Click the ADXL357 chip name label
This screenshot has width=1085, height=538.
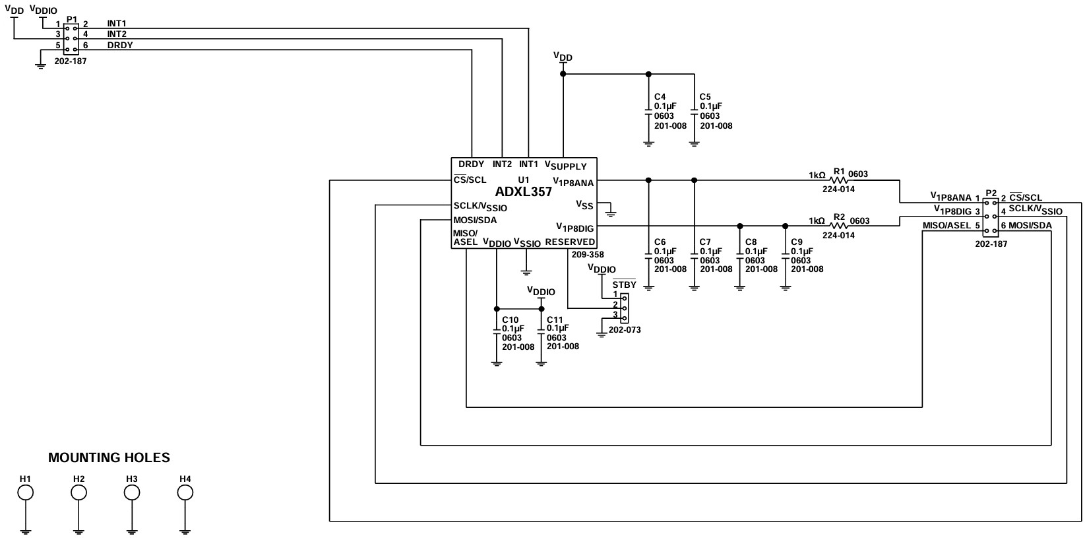[x=524, y=192]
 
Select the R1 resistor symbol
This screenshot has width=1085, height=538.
[x=838, y=180]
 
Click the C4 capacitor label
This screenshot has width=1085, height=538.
[x=660, y=97]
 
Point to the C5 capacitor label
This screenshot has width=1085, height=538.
[x=706, y=97]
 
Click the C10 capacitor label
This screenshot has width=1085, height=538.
[x=510, y=320]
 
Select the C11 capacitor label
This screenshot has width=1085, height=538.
[x=555, y=320]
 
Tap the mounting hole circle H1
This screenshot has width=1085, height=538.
[x=25, y=492]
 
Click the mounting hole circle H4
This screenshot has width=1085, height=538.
[x=185, y=492]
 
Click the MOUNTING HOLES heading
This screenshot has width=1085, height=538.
[x=109, y=457]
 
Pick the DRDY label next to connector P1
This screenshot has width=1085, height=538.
[x=120, y=45]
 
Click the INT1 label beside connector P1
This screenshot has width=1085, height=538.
[x=117, y=24]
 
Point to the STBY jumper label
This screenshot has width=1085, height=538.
[x=624, y=285]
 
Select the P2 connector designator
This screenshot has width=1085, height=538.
[x=991, y=193]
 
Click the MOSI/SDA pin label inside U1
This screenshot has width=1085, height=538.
[x=475, y=220]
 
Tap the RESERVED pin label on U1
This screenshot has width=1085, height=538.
[x=570, y=242]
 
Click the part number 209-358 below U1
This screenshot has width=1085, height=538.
[x=588, y=254]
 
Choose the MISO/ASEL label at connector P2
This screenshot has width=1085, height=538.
[x=946, y=225]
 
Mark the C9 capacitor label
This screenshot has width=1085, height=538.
[x=797, y=242]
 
